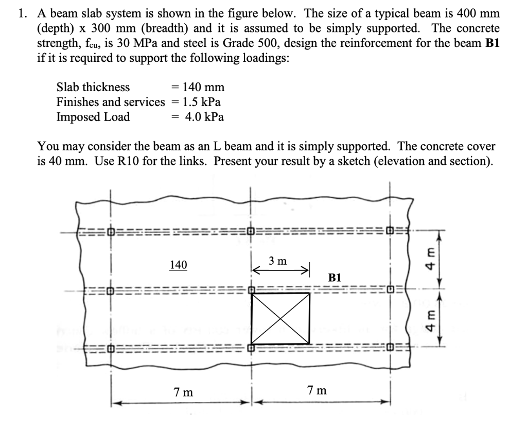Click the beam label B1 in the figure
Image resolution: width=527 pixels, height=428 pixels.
tap(335, 278)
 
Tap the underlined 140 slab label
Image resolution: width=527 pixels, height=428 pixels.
tap(178, 265)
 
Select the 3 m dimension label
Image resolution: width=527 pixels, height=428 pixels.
tap(278, 261)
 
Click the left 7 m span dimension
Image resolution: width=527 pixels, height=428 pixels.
tap(183, 392)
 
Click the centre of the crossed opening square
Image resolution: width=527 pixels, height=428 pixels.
tap(280, 318)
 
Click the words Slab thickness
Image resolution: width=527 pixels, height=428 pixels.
tap(93, 88)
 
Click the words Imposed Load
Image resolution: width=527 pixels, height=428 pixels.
tap(93, 117)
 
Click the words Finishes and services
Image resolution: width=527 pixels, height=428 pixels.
tap(111, 102)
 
